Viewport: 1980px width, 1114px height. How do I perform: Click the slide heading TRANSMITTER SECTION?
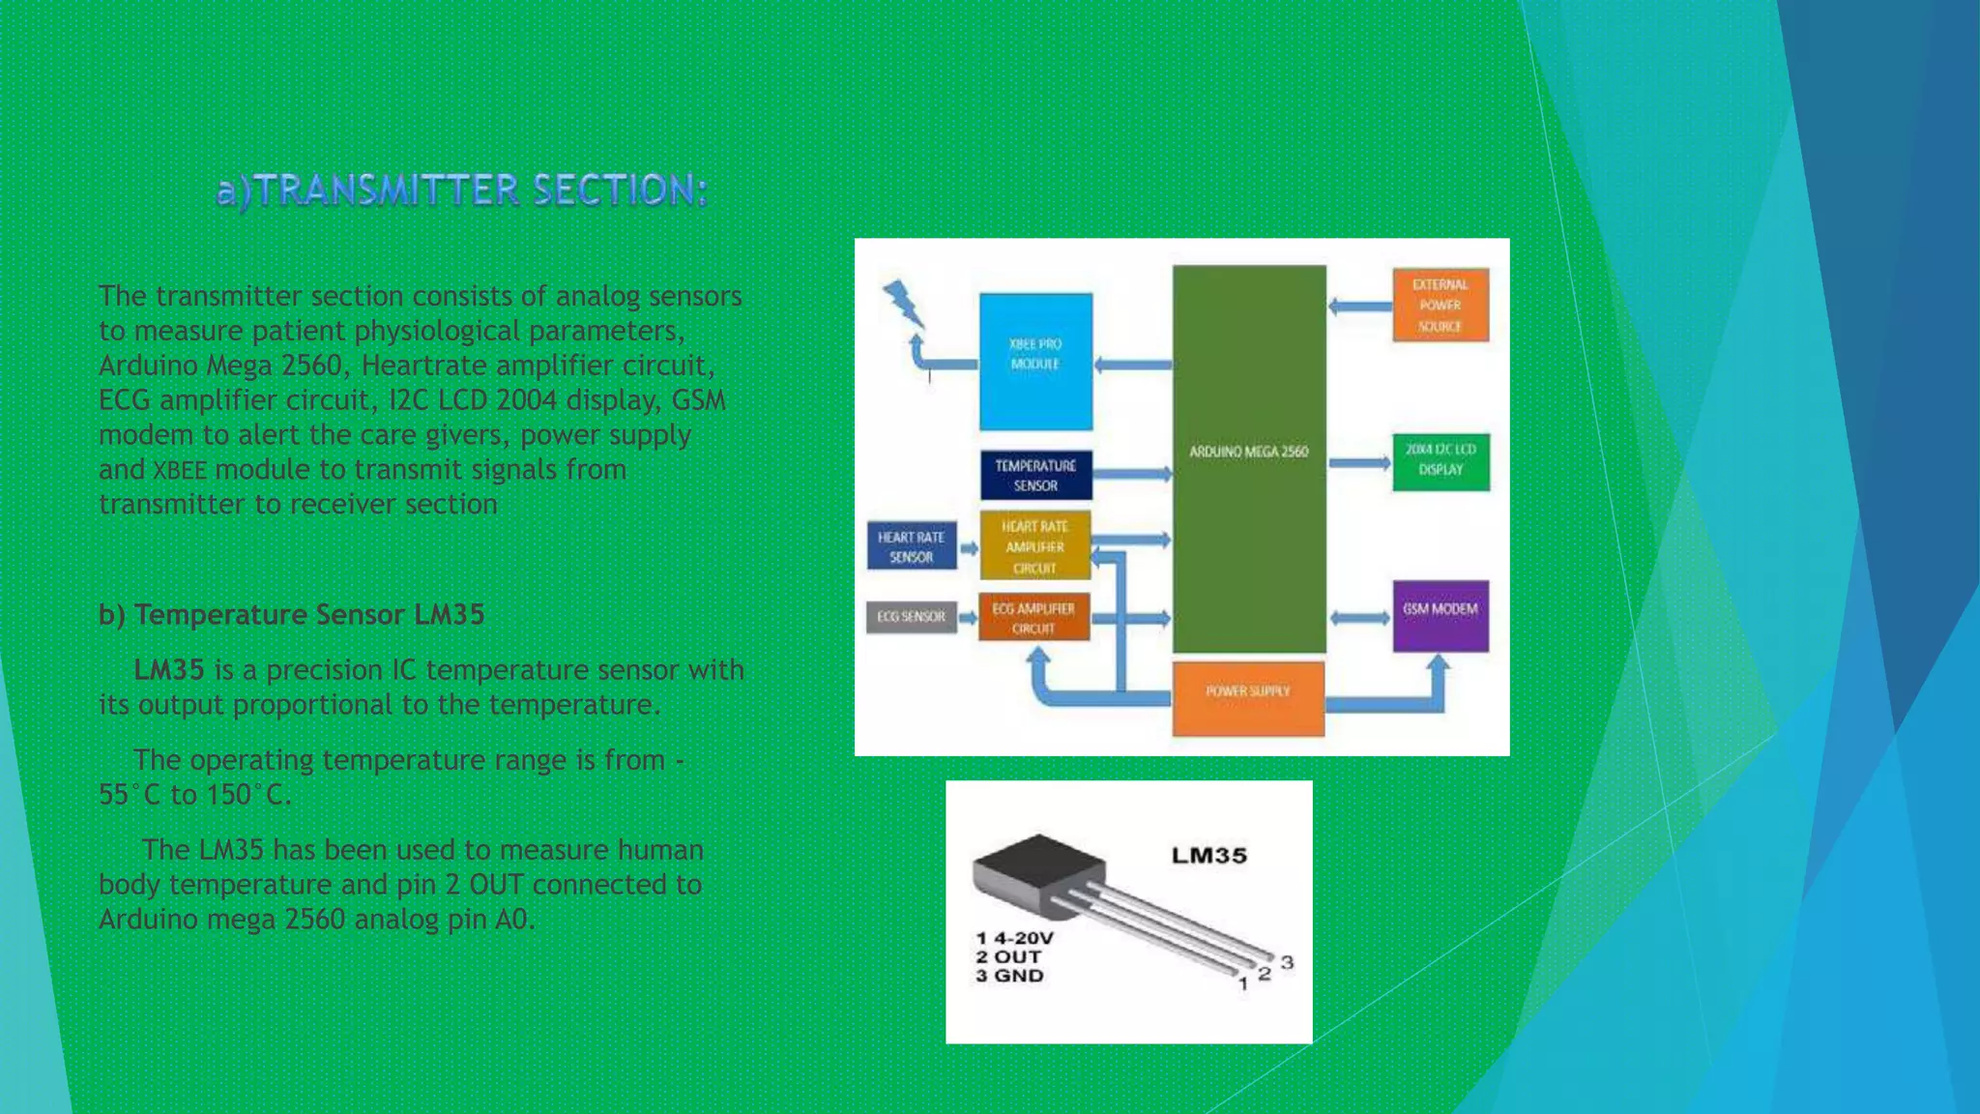click(x=462, y=190)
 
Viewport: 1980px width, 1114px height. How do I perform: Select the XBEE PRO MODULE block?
click(x=1035, y=361)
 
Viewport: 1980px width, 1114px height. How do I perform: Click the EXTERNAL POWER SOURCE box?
click(x=1440, y=305)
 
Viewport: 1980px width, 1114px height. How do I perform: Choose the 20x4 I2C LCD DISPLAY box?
click(x=1440, y=461)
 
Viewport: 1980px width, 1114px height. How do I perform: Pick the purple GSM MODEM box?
click(x=1440, y=614)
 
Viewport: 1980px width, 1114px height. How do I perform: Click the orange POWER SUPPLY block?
click(x=1247, y=696)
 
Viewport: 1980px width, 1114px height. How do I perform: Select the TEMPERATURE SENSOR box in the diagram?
click(x=1035, y=475)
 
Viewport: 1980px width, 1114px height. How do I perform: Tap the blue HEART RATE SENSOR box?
click(x=911, y=546)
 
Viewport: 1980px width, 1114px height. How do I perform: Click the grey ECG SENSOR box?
click(x=911, y=616)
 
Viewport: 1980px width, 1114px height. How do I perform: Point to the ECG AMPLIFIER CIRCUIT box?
click(x=1034, y=618)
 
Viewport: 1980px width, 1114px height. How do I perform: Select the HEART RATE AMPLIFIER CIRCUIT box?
click(x=1034, y=546)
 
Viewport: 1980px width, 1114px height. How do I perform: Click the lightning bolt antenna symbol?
click(x=904, y=304)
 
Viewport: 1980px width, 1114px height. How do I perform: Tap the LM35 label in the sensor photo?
click(x=1208, y=856)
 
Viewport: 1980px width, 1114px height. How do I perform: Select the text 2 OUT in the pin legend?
click(x=1008, y=956)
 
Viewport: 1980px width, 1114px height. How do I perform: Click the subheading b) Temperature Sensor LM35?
click(x=291, y=615)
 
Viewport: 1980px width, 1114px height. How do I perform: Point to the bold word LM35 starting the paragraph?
click(x=168, y=670)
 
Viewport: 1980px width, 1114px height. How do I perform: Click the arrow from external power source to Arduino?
click(x=1359, y=307)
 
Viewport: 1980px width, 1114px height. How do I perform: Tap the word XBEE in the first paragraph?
click(x=180, y=471)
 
